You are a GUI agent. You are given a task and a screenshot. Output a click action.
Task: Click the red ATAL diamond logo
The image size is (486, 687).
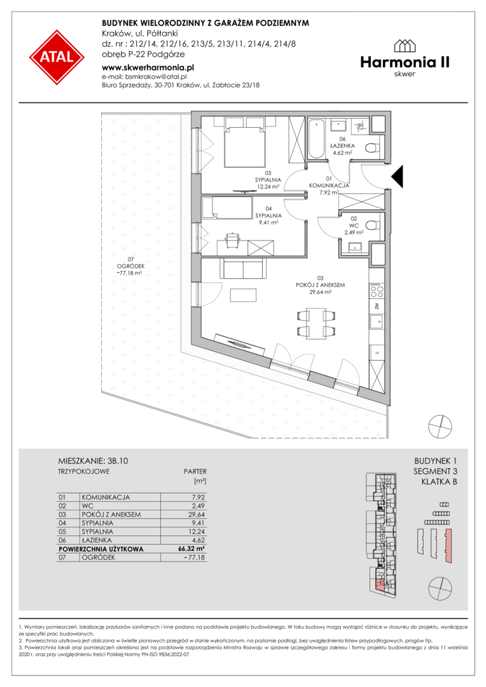(x=57, y=57)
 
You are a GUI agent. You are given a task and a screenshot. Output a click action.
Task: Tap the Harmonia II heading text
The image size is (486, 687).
(x=405, y=62)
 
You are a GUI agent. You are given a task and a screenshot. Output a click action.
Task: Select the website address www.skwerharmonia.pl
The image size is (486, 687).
(x=148, y=67)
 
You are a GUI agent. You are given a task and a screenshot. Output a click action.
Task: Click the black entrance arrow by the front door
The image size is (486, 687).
(x=397, y=177)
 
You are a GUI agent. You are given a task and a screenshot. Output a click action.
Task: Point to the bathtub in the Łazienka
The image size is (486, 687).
(x=316, y=138)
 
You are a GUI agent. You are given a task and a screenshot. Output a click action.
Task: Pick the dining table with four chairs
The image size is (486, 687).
(x=316, y=323)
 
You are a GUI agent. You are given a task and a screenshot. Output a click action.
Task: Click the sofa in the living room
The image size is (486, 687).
(x=243, y=268)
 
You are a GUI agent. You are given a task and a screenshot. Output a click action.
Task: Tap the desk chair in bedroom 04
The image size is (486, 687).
(x=232, y=239)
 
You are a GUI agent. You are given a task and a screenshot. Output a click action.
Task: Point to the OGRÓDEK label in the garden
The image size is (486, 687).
(x=130, y=266)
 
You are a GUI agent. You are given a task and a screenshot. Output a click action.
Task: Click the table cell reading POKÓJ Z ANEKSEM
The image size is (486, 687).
(x=111, y=515)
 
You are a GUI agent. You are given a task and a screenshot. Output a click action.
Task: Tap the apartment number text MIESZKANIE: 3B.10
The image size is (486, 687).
(x=93, y=461)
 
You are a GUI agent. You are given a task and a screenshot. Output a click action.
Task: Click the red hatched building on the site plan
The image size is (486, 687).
(x=448, y=546)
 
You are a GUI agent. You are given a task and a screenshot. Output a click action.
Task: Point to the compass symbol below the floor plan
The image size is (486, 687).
(x=440, y=426)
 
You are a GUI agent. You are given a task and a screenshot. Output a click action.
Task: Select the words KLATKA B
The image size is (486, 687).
(x=439, y=482)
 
